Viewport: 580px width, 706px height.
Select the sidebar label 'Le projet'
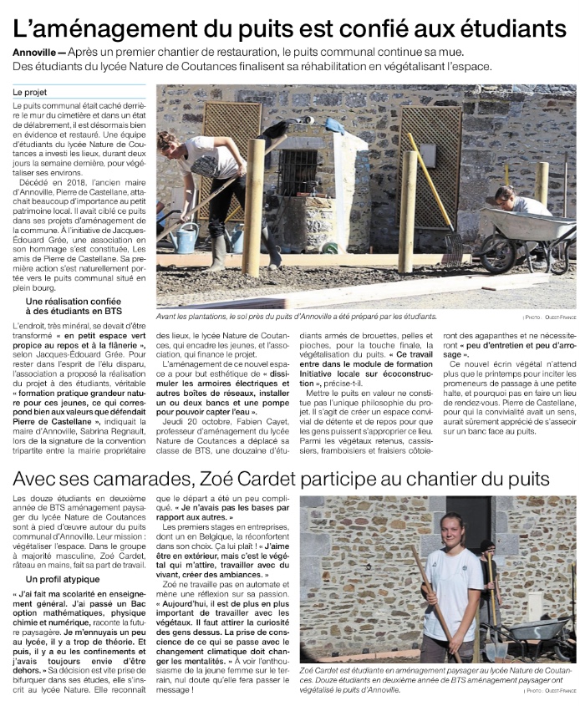click(x=30, y=91)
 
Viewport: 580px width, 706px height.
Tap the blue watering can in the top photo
click(x=186, y=237)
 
